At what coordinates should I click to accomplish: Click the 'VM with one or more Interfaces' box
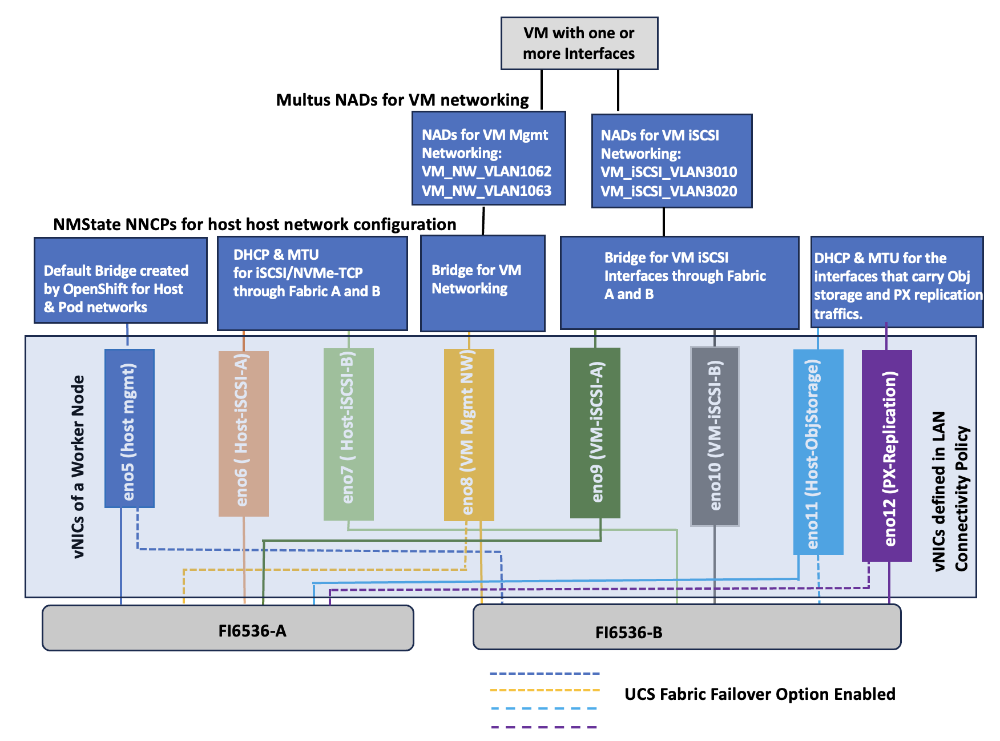click(x=579, y=43)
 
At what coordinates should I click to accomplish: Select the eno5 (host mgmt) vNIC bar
click(x=130, y=428)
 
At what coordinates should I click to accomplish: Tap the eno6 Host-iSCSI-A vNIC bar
click(x=243, y=434)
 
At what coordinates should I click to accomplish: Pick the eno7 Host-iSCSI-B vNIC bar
click(x=348, y=434)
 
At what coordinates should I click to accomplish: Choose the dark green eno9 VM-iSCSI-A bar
click(x=595, y=433)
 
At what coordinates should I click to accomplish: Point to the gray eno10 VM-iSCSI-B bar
click(x=715, y=436)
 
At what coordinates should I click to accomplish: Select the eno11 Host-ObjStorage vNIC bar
click(x=818, y=451)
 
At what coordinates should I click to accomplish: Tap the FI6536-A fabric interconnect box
click(x=228, y=628)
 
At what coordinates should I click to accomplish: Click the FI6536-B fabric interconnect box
click(x=687, y=628)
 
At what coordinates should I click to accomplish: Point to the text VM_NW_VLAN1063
click(x=486, y=191)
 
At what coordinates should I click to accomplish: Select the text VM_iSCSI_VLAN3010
click(x=668, y=172)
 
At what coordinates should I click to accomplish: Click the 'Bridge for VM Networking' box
click(x=482, y=283)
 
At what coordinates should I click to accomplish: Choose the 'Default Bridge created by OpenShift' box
click(x=120, y=280)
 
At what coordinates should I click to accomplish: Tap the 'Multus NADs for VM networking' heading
click(x=402, y=100)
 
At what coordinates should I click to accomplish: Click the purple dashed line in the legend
click(x=543, y=727)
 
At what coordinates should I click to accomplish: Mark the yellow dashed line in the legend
click(x=545, y=690)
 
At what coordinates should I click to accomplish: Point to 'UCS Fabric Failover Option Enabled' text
click(x=760, y=694)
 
